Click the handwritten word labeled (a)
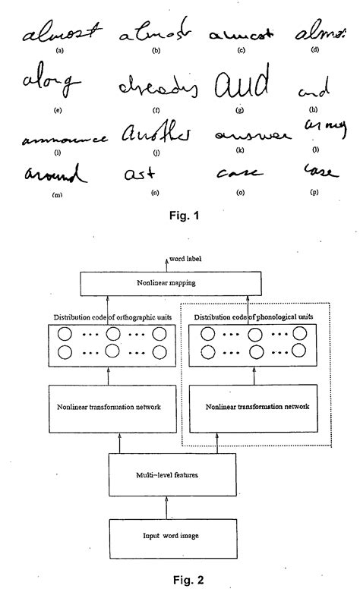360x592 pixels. point(62,33)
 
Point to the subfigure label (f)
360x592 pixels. point(155,110)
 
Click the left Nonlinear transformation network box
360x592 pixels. point(108,407)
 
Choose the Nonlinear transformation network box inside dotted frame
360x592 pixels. point(257,407)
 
